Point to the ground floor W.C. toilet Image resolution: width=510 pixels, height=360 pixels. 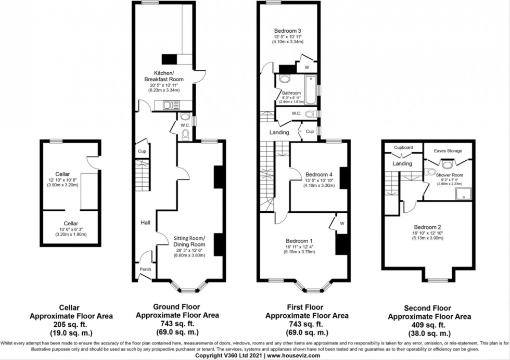click(186, 134)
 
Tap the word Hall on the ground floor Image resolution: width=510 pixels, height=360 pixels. click(145, 223)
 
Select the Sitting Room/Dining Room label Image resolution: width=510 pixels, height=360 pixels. click(189, 241)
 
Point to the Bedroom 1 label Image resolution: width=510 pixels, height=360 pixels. click(299, 241)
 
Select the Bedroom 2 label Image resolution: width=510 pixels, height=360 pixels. click(427, 227)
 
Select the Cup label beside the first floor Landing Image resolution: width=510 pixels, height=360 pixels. click(309, 132)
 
